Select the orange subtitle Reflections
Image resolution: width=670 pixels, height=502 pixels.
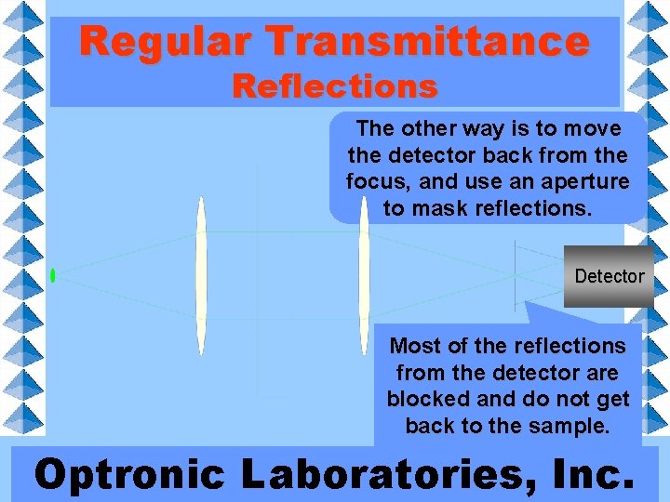coord(335,86)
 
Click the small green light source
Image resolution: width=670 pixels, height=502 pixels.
coord(53,275)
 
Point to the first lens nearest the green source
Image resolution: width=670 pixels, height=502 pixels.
coord(200,275)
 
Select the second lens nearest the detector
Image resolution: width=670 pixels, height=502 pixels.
coord(364,275)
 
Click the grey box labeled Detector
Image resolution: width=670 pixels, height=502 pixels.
coord(609,276)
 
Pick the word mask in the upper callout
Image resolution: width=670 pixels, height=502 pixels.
coord(445,208)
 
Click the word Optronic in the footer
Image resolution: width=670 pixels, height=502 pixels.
coord(129,473)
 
